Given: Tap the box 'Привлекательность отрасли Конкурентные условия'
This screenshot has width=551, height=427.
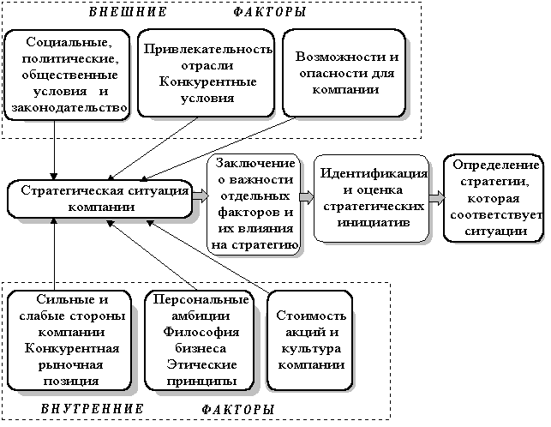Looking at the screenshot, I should (204, 74).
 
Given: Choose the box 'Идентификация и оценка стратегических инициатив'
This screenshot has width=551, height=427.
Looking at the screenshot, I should (372, 198).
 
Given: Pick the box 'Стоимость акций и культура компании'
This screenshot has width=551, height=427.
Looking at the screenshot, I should (309, 339).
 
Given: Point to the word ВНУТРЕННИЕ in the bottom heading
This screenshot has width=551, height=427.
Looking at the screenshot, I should (92, 408).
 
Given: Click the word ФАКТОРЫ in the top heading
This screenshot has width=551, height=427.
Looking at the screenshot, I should (269, 14).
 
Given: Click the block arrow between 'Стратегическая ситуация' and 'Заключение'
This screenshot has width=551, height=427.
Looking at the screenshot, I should (201, 196).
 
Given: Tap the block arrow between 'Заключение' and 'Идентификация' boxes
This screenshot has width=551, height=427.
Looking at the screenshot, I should (307, 196).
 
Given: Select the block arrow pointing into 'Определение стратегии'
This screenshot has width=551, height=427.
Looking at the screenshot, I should (436, 196).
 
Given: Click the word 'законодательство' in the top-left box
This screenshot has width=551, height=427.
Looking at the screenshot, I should (68, 107).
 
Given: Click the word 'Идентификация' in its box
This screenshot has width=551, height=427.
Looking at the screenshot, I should (373, 174).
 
